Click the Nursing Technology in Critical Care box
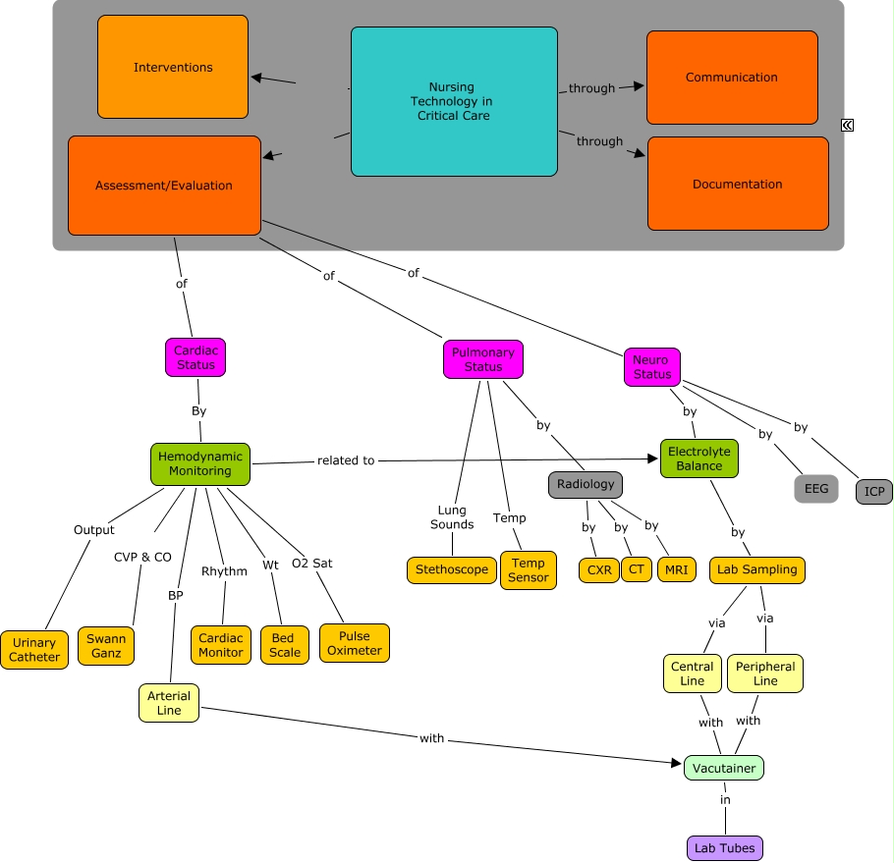(453, 101)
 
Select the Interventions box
(173, 67)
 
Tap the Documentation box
(737, 184)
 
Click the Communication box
(731, 78)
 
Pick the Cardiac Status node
(195, 357)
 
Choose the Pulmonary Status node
(482, 359)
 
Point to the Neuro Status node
(651, 366)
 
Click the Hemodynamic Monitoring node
(199, 463)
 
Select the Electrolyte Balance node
(698, 458)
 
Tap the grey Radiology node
(585, 484)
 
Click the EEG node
(815, 488)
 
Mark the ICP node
(873, 491)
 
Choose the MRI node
(676, 569)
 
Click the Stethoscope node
(451, 569)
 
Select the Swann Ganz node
(106, 646)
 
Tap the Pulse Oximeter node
(354, 643)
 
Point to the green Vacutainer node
(723, 768)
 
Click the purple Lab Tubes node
(724, 848)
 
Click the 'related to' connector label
(346, 460)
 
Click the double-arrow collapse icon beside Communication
(847, 125)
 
